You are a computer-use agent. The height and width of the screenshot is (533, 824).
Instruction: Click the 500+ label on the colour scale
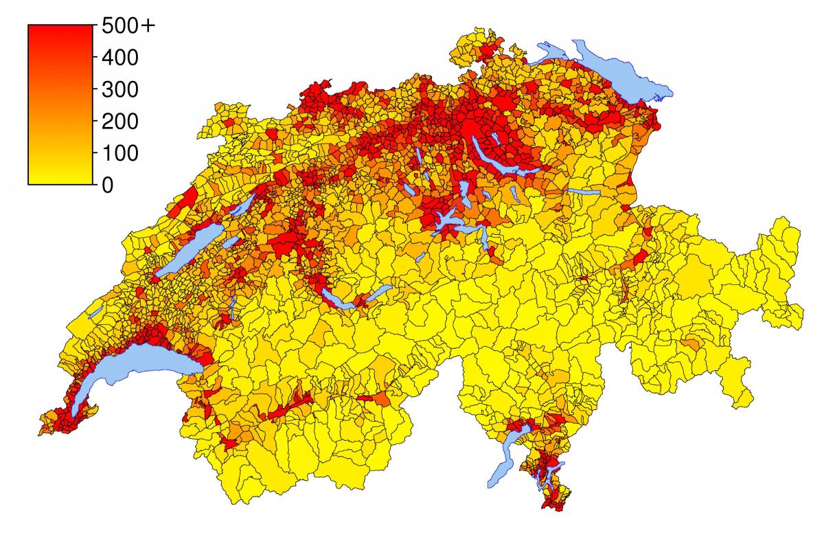[x=128, y=26]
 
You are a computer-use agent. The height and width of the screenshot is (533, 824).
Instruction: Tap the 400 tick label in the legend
[x=119, y=58]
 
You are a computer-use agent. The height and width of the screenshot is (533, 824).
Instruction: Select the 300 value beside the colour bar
[x=119, y=90]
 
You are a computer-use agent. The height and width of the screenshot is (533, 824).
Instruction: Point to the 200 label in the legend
[x=119, y=122]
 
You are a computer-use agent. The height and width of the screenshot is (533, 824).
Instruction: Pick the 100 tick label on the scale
[x=119, y=153]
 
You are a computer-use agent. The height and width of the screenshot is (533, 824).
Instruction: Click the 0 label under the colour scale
[x=107, y=185]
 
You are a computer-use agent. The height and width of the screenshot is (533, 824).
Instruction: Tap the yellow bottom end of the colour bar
[x=60, y=179]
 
